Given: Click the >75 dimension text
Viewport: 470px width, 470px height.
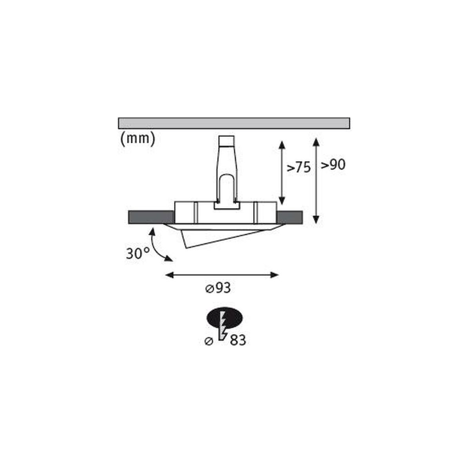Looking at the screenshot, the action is pyautogui.click(x=298, y=168).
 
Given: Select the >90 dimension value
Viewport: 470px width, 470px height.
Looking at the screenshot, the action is pyautogui.click(x=333, y=164).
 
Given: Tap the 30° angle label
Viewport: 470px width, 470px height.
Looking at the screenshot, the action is pyautogui.click(x=137, y=254).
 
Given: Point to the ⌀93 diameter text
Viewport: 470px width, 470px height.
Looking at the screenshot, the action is pyautogui.click(x=218, y=289).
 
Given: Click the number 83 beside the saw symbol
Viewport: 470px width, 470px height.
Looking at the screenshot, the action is pyautogui.click(x=238, y=340).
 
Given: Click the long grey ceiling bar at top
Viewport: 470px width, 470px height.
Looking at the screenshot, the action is pyautogui.click(x=234, y=123).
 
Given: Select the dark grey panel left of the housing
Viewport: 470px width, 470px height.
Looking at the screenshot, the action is pyautogui.click(x=151, y=217).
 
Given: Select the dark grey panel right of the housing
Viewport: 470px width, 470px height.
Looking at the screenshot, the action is pyautogui.click(x=290, y=217).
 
